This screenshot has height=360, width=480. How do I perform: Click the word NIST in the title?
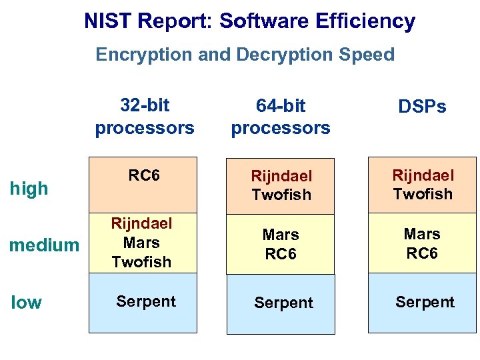coord(107,21)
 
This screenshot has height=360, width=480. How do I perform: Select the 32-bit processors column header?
coord(145,116)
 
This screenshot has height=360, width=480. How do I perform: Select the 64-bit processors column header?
coord(281,117)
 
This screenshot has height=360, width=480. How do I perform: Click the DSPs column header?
coord(422,107)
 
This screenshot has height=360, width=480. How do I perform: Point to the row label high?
coord(29,189)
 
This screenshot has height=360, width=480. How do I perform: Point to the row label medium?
coord(44,245)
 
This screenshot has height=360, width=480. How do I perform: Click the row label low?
coord(27,303)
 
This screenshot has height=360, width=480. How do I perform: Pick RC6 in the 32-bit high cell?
coord(144,175)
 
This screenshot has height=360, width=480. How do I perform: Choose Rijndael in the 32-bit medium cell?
coord(141,223)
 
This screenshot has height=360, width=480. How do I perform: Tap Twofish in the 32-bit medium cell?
coord(141,262)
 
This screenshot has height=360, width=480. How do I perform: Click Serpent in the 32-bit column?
coord(146,301)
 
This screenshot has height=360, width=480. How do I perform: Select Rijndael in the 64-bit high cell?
coord(281,176)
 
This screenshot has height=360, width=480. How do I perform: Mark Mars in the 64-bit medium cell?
coord(281,235)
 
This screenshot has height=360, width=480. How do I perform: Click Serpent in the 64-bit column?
coord(283,303)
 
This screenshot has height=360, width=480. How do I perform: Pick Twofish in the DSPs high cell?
coord(423,194)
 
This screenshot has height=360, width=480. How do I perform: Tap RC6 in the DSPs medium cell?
coord(422,253)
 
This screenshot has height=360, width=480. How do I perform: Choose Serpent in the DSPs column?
coord(425,302)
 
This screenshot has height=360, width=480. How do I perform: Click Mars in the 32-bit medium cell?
coord(141,243)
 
